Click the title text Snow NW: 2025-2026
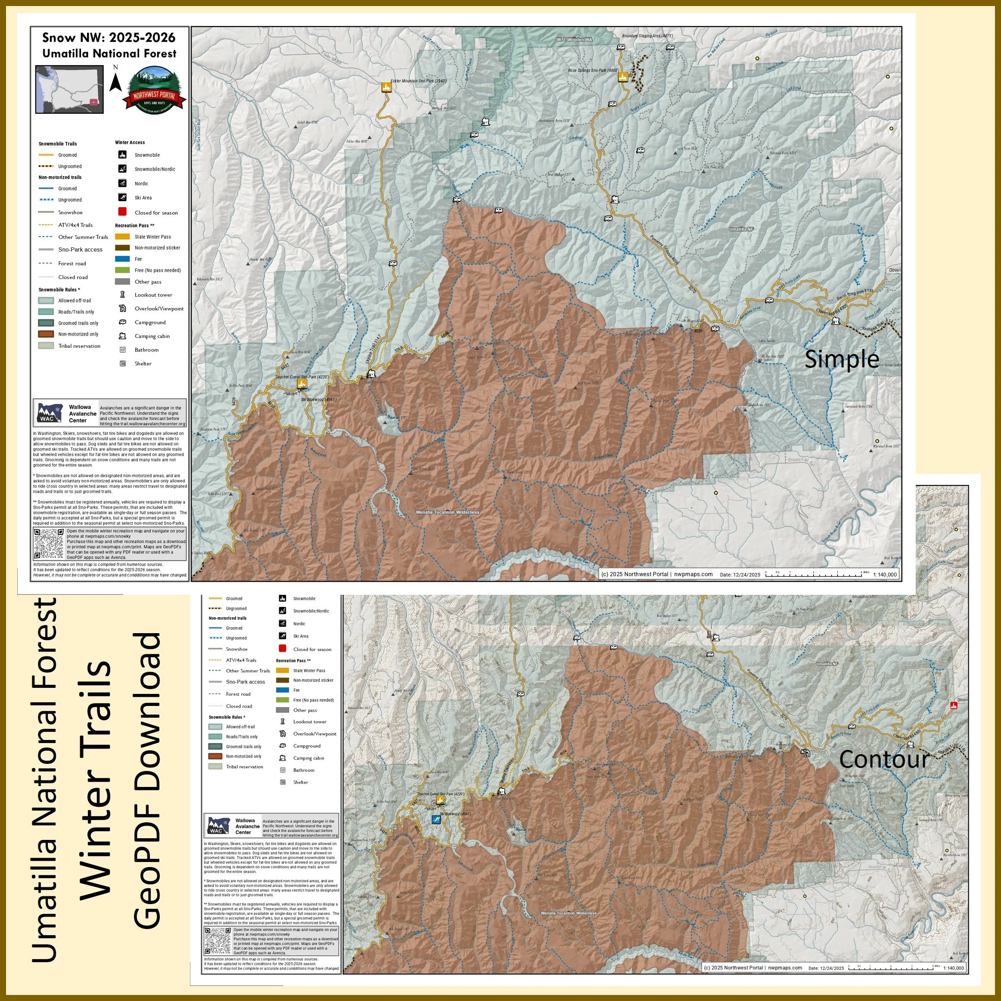point(109,37)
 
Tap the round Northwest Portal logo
point(153,89)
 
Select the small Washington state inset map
point(69,89)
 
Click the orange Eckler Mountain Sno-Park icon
point(385,87)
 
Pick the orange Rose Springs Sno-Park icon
point(623,76)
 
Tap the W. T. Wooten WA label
point(575,39)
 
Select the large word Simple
point(842,358)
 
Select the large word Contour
point(884,759)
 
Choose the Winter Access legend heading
point(130,143)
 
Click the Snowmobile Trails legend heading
point(58,143)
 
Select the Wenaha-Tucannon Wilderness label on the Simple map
point(447,512)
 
